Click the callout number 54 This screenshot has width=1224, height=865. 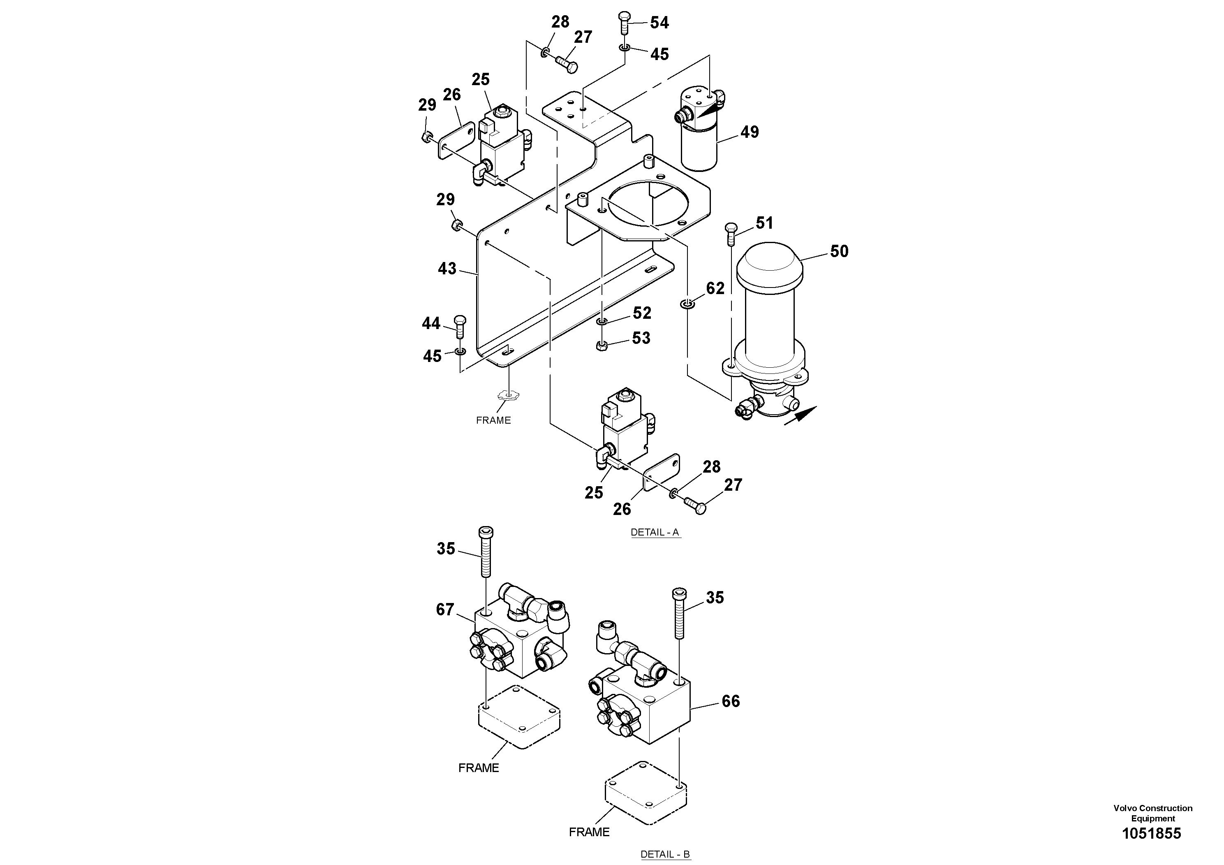point(659,22)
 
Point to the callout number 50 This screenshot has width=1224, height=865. point(839,251)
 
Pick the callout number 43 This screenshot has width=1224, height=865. point(447,268)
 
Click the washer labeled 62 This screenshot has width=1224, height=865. point(687,304)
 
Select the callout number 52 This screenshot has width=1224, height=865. point(642,313)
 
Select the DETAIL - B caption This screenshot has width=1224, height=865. point(665,854)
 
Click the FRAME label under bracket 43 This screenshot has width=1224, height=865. point(493,420)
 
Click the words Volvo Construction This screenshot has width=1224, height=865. point(1152,808)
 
